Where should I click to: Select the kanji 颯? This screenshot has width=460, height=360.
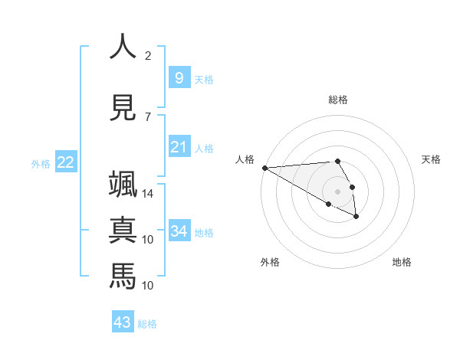tap(122, 186)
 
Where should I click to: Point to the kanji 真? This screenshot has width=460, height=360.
tap(122, 231)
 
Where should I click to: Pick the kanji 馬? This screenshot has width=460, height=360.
tap(122, 275)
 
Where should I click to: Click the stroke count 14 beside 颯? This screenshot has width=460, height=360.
tap(148, 195)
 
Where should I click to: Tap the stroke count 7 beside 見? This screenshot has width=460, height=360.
tap(148, 116)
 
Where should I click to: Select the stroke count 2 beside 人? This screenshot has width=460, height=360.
tap(148, 56)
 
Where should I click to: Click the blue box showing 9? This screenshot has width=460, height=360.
tap(179, 77)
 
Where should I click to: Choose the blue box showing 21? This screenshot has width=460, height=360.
tap(179, 146)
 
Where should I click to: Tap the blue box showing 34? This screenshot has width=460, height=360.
tap(179, 231)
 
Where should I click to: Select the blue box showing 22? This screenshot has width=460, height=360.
tap(66, 162)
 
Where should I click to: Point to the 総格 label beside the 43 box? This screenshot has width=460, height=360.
tap(148, 324)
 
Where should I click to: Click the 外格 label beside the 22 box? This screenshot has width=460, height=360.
tap(41, 163)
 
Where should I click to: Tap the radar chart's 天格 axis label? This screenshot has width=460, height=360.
tap(432, 159)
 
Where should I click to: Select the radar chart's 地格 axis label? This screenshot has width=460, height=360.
tap(402, 262)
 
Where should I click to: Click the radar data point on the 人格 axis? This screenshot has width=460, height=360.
tap(264, 168)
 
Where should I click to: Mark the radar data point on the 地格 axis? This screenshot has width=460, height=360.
tap(356, 217)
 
